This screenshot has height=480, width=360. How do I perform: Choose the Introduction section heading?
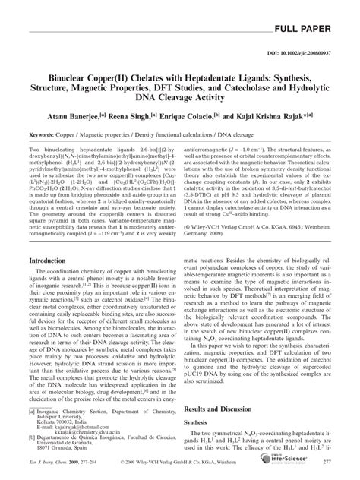pos(55,259)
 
